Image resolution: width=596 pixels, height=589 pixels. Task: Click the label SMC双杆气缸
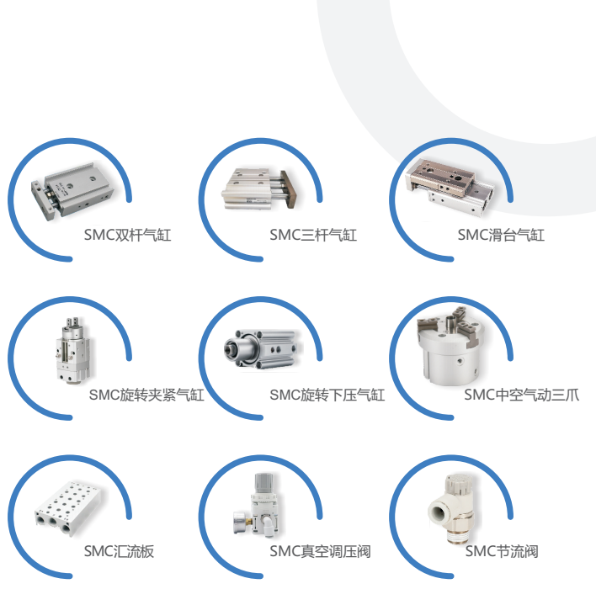pos(127,235)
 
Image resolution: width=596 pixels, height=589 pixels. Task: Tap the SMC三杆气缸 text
pos(313,235)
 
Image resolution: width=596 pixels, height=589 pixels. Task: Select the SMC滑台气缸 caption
pos(501,235)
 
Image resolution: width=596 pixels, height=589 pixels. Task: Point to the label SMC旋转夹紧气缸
pos(146,395)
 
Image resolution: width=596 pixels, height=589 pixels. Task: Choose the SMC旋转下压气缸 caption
pos(327,395)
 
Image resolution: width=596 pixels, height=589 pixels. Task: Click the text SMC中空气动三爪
pos(522,395)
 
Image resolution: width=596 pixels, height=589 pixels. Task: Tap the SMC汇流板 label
pos(119,551)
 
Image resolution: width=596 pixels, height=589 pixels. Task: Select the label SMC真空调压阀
pos(320,551)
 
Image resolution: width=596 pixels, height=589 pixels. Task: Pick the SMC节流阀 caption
pos(502,551)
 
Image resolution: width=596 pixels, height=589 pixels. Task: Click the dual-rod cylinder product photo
pos(72,191)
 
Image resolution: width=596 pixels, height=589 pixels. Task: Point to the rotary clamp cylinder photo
pos(73,350)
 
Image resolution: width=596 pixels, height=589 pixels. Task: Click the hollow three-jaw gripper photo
pos(451,345)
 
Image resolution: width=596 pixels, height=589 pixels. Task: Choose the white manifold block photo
pos(68,507)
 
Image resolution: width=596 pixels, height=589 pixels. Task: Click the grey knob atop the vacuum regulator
pos(263,483)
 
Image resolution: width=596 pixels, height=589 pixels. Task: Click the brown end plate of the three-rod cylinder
pos(290,189)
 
